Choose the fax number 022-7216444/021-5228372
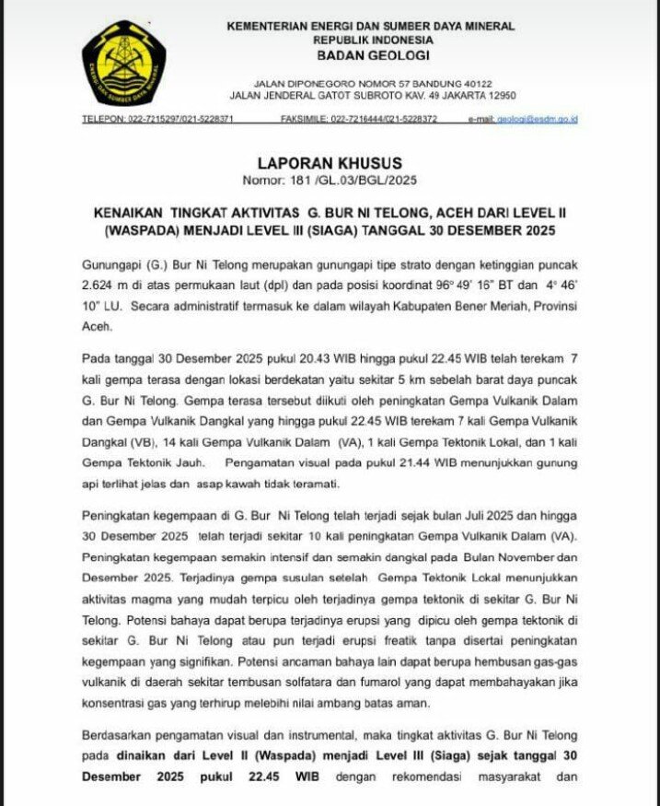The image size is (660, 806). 384,120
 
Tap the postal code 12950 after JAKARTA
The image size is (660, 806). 498,95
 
